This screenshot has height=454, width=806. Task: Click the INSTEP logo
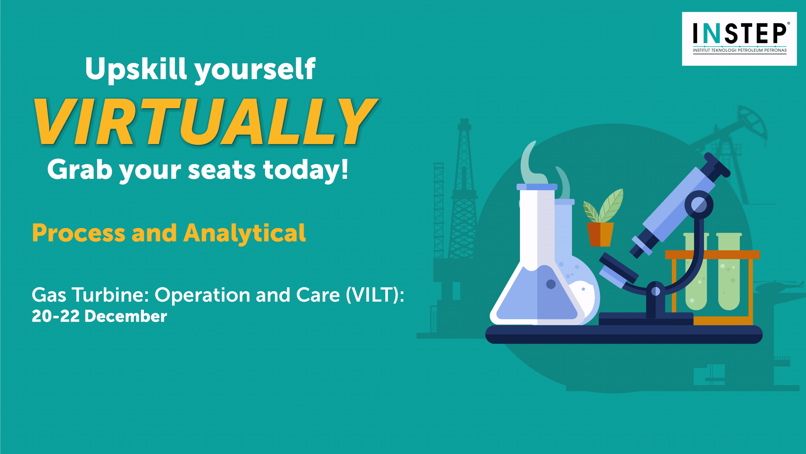pyautogui.click(x=739, y=39)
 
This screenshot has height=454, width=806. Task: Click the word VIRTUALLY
pyautogui.click(x=206, y=122)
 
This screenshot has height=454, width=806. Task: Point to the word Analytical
pyautogui.click(x=244, y=234)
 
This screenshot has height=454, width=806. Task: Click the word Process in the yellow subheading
pyautogui.click(x=79, y=234)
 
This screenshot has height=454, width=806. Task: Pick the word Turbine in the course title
pyautogui.click(x=111, y=295)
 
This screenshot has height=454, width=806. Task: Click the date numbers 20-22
pyautogui.click(x=55, y=316)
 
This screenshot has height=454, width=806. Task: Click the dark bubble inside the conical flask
pyautogui.click(x=551, y=284)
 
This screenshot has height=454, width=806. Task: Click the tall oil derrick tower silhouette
pyautogui.click(x=463, y=189)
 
